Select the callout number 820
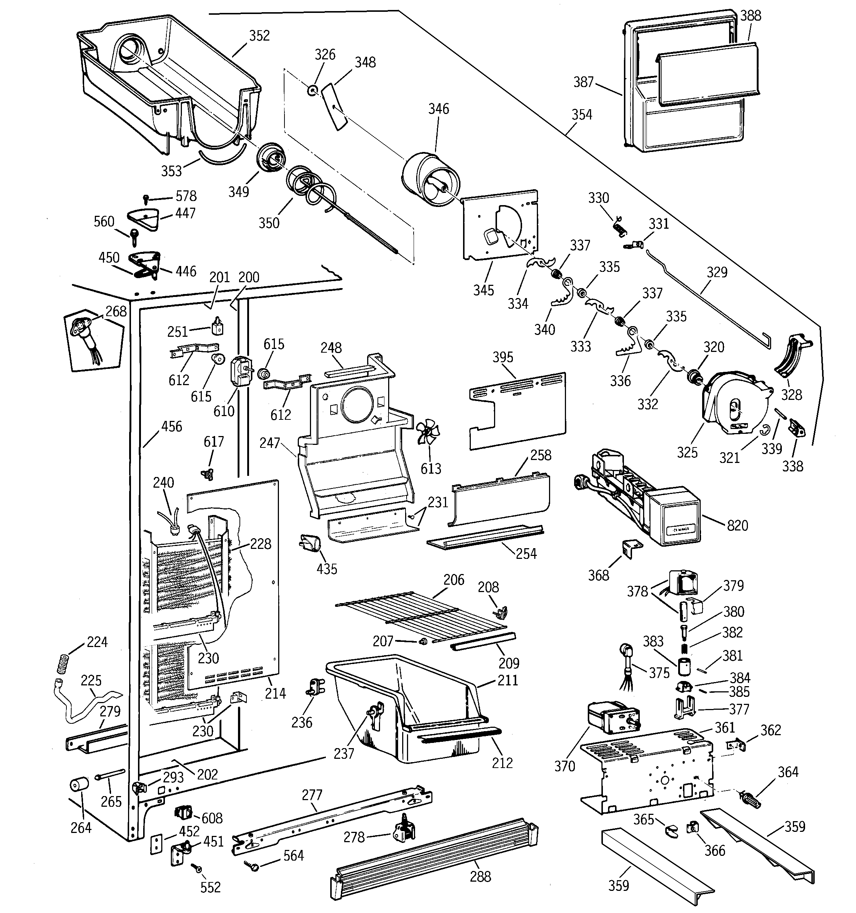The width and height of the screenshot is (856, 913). (x=738, y=525)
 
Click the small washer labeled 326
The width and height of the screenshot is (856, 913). (x=313, y=90)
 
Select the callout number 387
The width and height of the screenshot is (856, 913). (x=584, y=82)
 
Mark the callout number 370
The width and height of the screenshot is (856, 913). (x=564, y=766)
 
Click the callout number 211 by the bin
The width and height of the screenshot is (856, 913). (x=508, y=680)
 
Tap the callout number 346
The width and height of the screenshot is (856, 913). (x=438, y=109)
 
